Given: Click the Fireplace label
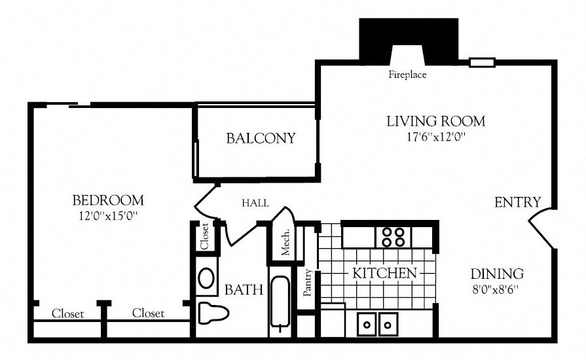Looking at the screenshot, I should pyautogui.click(x=407, y=75).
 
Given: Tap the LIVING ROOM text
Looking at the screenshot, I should pyautogui.click(x=435, y=121).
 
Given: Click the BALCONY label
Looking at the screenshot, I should pyautogui.click(x=261, y=139).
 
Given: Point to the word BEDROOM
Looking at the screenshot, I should pyautogui.click(x=108, y=200).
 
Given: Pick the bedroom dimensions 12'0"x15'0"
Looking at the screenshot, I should pyautogui.click(x=108, y=215).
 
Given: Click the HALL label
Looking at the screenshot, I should pyautogui.click(x=255, y=204).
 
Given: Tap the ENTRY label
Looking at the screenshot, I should pyautogui.click(x=517, y=202).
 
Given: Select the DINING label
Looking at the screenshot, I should pyautogui.click(x=496, y=274).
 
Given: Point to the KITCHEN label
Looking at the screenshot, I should pyautogui.click(x=384, y=273).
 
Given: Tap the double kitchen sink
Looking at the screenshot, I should pyautogui.click(x=378, y=323).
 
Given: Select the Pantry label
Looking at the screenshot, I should pyautogui.click(x=307, y=283).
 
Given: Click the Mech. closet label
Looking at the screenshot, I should pyautogui.click(x=285, y=242).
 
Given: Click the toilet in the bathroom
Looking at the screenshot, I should pyautogui.click(x=211, y=313).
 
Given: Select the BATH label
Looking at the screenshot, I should pyautogui.click(x=244, y=289).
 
